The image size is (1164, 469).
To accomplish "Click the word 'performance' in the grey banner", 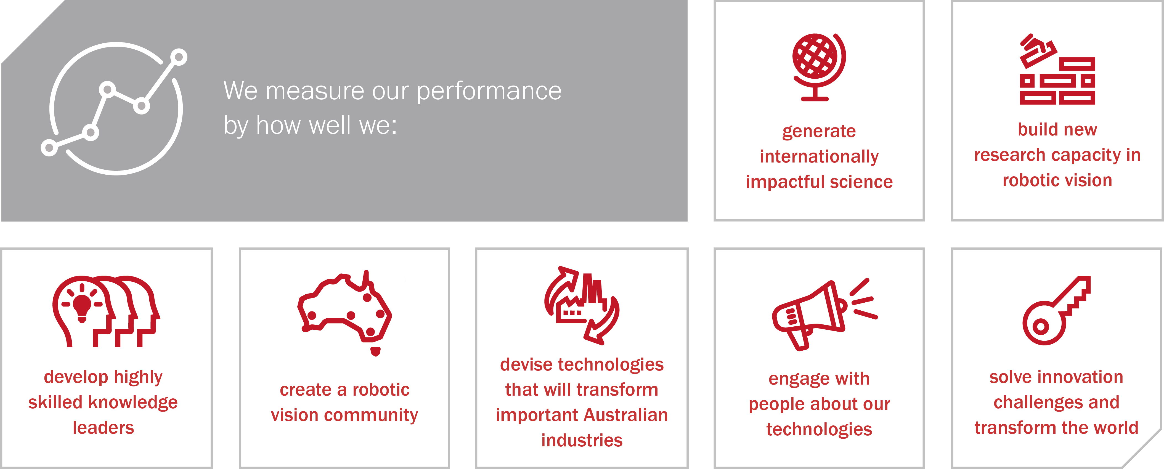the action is pos(489,91).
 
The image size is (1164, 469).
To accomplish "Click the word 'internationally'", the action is pos(819,156).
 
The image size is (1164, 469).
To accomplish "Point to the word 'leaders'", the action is pos(104,427).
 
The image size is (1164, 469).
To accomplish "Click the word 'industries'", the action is pos(582,440).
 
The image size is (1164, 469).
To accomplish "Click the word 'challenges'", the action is pos(1041,403).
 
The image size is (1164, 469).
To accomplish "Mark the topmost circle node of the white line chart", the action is pos(179,57).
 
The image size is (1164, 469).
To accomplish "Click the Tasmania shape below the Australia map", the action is pos(375,351).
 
